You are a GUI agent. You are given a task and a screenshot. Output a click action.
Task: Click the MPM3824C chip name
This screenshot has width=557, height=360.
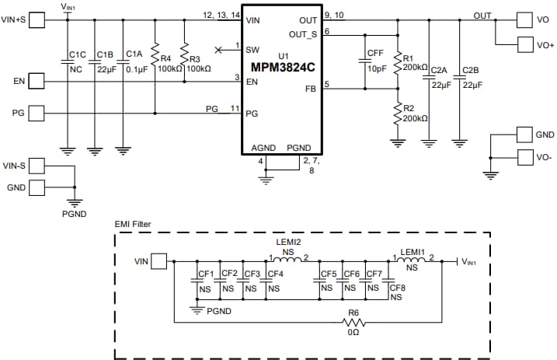pyautogui.click(x=282, y=66)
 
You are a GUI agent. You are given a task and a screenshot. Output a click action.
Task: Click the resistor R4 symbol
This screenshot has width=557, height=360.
pyautogui.click(x=155, y=57)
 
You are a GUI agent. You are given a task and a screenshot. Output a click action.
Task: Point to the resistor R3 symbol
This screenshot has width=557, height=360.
pyautogui.click(x=184, y=57)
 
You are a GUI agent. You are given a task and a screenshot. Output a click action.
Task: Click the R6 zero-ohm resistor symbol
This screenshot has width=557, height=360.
pyautogui.click(x=353, y=320)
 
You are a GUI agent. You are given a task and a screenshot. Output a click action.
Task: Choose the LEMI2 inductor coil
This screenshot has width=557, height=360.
pyautogui.click(x=288, y=260)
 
